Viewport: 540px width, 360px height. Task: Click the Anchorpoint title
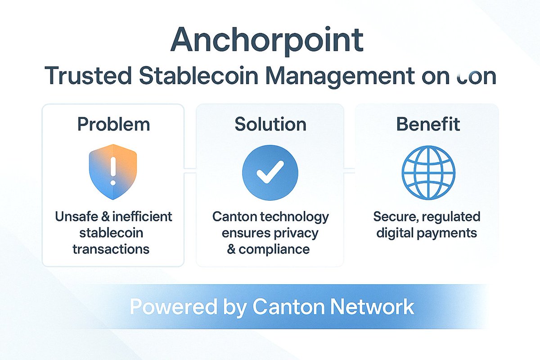pos(267,40)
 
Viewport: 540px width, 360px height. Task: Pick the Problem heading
pos(113,124)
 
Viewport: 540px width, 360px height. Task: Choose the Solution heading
pos(270,124)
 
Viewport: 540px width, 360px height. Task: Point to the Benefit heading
pos(428,124)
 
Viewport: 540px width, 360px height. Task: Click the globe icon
pos(428,172)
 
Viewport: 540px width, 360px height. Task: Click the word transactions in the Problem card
pos(113,249)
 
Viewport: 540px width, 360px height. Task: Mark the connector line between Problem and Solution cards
pos(190,170)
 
